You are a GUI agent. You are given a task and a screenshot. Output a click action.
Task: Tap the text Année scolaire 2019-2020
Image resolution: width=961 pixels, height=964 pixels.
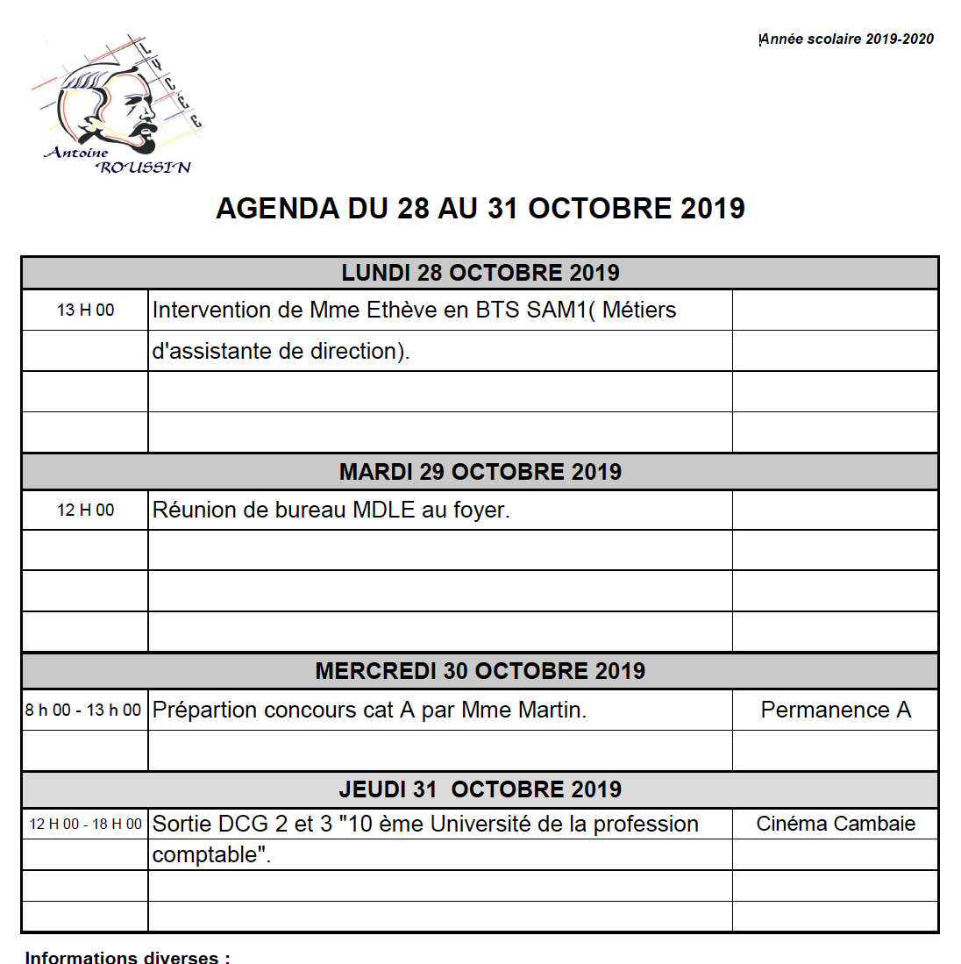(846, 39)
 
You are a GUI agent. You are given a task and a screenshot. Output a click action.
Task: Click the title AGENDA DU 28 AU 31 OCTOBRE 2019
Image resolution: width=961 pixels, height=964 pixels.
(480, 209)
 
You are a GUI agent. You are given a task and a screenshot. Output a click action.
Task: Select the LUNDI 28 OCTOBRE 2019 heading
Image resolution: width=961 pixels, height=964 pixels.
(480, 273)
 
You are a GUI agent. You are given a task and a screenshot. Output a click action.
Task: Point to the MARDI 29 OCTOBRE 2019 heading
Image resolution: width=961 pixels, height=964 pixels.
(480, 472)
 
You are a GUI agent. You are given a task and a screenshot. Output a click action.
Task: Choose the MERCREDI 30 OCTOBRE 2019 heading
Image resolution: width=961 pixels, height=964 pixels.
(480, 671)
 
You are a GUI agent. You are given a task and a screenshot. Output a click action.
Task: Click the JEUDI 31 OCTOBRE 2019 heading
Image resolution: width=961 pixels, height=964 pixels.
(480, 789)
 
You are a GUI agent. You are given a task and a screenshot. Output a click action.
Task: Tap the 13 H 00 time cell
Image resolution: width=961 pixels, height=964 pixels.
(85, 311)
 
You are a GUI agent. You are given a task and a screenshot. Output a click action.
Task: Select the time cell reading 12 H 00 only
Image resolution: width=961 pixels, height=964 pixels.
(85, 511)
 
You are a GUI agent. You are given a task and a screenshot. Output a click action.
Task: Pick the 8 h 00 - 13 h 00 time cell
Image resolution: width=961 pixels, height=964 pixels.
(83, 711)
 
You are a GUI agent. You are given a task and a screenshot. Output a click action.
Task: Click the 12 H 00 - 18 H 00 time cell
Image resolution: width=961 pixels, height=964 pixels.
(85, 825)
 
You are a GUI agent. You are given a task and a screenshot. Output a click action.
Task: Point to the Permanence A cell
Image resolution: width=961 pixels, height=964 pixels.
(836, 711)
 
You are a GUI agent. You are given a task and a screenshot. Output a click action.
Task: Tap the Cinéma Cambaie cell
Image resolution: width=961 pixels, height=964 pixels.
(836, 825)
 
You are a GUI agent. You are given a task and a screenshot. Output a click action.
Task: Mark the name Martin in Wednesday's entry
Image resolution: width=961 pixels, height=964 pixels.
(550, 711)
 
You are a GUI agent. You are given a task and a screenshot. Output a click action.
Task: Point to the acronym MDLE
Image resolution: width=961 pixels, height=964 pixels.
(383, 511)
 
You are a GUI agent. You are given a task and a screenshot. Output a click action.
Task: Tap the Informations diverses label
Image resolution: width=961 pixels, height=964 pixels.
(127, 957)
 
